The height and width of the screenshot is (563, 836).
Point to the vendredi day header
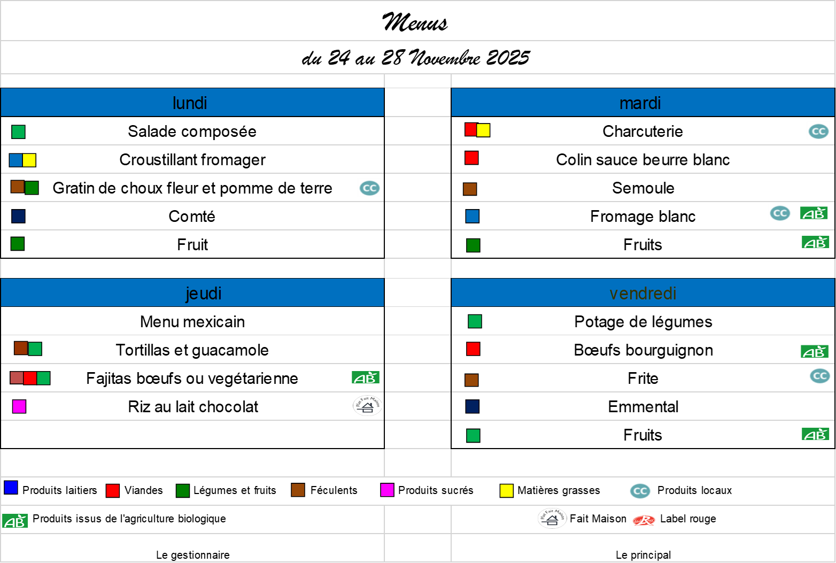[643, 293]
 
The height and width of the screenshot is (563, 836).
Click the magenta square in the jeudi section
[19, 406]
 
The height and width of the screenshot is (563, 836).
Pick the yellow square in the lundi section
[29, 160]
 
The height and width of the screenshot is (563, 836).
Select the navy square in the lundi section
[18, 216]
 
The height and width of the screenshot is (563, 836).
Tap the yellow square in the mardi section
[483, 130]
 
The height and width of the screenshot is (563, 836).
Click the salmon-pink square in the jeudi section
[17, 377]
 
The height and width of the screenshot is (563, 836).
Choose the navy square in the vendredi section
[473, 406]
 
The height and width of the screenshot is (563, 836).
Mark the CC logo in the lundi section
[369, 188]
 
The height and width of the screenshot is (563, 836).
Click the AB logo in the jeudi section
[366, 378]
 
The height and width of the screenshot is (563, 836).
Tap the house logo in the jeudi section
[367, 406]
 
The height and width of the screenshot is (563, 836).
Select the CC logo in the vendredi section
[819, 375]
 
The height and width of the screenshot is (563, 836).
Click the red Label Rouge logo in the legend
[644, 520]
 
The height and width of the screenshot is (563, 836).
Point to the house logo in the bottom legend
[552, 518]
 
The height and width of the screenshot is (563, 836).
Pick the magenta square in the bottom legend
[387, 490]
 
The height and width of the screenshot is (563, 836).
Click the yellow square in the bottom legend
[506, 490]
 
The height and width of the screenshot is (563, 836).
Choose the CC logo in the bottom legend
[640, 490]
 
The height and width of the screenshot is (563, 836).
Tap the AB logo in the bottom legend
[15, 521]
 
